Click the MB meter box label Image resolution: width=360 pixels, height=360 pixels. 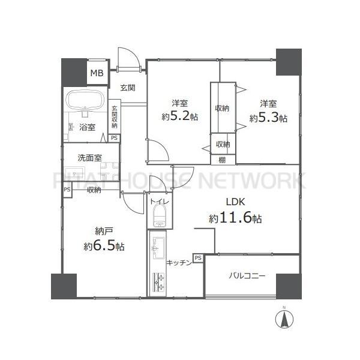[97, 73]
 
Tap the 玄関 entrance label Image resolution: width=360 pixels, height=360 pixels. [128, 88]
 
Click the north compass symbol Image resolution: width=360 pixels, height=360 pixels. [284, 319]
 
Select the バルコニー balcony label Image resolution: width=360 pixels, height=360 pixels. [247, 275]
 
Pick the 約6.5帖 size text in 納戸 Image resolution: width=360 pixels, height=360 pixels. [104, 246]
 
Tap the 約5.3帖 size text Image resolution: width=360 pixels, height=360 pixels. [268, 118]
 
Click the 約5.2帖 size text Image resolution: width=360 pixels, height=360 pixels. [180, 116]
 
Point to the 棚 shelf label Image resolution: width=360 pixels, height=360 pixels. [222, 160]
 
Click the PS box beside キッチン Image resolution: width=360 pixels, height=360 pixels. [198, 258]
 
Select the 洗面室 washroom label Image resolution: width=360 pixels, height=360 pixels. [89, 158]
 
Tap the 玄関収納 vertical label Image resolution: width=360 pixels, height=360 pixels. [115, 116]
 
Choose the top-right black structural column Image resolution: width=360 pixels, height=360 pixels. [289, 62]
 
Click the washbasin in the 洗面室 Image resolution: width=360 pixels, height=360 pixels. [74, 173]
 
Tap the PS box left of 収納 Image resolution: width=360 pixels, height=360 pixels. [67, 190]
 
